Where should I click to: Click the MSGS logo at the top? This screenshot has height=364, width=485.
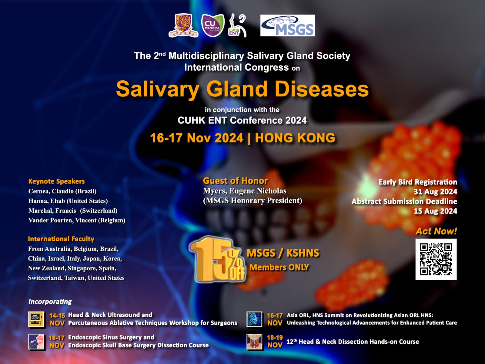pyautogui.click(x=287, y=25)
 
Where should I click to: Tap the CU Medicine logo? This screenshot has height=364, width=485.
pyautogui.click(x=213, y=25)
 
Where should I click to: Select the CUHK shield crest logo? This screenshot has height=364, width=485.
pyautogui.click(x=183, y=25)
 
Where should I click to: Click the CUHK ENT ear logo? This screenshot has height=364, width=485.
pyautogui.click(x=237, y=25)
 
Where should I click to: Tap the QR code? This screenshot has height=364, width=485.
pyautogui.click(x=436, y=259)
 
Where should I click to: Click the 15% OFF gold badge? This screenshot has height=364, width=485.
pyautogui.click(x=217, y=260)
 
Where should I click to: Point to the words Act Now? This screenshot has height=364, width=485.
pyautogui.click(x=436, y=231)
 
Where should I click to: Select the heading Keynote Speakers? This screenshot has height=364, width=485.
pyautogui.click(x=57, y=181)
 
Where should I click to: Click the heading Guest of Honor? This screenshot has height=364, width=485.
pyautogui.click(x=235, y=181)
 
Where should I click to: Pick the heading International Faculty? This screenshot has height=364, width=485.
pyautogui.click(x=61, y=239)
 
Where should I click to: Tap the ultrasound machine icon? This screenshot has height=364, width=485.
pyautogui.click(x=36, y=319)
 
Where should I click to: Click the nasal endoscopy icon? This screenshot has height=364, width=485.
pyautogui.click(x=36, y=342)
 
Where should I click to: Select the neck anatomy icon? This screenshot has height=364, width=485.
pyautogui.click(x=254, y=342)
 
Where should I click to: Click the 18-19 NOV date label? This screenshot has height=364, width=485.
pyautogui.click(x=275, y=341)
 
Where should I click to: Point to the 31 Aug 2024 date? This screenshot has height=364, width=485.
pyautogui.click(x=435, y=192)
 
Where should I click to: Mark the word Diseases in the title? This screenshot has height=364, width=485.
pyautogui.click(x=322, y=89)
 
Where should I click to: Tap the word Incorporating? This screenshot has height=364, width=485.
pyautogui.click(x=50, y=302)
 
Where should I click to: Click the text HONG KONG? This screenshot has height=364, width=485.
pyautogui.click(x=295, y=138)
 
